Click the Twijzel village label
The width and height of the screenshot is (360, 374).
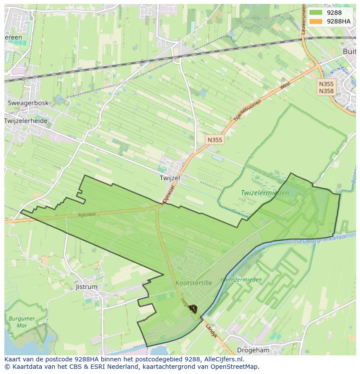pyautogui.click(x=170, y=178)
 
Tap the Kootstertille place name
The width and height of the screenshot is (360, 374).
pyautogui.click(x=193, y=283)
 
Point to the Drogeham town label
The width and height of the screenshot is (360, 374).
pyautogui.click(x=253, y=350)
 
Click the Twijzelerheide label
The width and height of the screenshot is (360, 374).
pyautogui.click(x=26, y=121)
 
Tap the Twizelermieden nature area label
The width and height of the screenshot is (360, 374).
pyautogui.click(x=265, y=192)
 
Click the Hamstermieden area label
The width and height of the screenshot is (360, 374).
pyautogui.click(x=241, y=280)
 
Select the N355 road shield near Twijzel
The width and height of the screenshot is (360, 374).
pyautogui.click(x=215, y=140)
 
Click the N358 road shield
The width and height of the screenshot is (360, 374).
pyautogui.click(x=326, y=91)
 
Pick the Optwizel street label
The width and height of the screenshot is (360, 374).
pyautogui.click(x=169, y=193)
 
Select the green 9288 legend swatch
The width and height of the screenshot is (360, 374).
pyautogui.click(x=316, y=13)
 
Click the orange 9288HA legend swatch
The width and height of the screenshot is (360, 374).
pyautogui.click(x=316, y=21)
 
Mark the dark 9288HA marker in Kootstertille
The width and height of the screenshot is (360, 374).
pyautogui.click(x=193, y=309)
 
